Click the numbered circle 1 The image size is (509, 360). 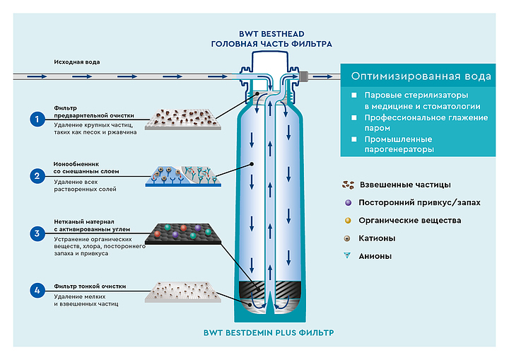pyautogui.click(x=37, y=119)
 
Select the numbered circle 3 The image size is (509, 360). pyautogui.click(x=37, y=233)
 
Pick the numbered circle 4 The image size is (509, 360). pyautogui.click(x=37, y=290)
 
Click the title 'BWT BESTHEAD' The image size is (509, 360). pyautogui.click(x=271, y=33)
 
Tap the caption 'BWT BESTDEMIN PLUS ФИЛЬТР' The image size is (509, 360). pyautogui.click(x=272, y=331)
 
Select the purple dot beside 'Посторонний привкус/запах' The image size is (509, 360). pyautogui.click(x=349, y=203)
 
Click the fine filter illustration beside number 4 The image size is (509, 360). pyautogui.click(x=182, y=291)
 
